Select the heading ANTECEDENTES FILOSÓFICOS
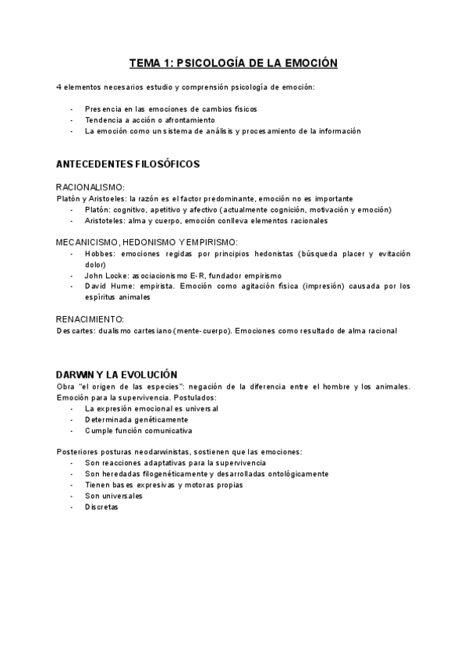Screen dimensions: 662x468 point(128,165)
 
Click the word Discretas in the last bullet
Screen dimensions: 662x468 point(101,507)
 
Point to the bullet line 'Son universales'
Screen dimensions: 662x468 point(114,496)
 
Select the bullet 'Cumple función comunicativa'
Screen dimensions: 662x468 point(139,430)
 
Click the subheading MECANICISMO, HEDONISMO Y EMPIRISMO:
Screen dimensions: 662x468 point(147,243)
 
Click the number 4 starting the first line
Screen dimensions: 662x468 point(59,87)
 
